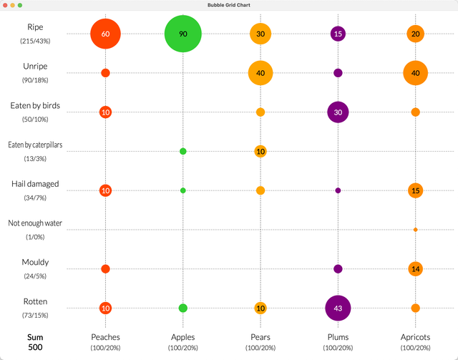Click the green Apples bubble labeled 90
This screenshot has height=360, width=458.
[183, 34]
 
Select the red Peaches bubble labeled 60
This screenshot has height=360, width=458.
[105, 34]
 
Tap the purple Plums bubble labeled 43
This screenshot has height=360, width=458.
[338, 308]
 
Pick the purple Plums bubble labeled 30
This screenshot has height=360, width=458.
[338, 112]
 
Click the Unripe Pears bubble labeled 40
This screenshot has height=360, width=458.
[260, 73]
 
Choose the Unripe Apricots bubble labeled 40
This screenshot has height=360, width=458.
[415, 73]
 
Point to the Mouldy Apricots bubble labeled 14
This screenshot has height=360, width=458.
[415, 268]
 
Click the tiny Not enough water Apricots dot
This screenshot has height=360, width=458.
[415, 230]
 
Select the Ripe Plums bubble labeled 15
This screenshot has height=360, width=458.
[338, 34]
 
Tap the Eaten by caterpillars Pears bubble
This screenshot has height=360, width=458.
[260, 151]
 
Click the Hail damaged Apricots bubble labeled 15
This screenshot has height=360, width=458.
[415, 190]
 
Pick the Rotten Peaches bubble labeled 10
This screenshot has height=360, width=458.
[105, 308]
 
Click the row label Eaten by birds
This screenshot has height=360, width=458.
[35, 105]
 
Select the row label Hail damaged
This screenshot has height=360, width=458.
[35, 184]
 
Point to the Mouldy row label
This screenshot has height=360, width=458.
[35, 262]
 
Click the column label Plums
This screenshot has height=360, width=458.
[338, 336]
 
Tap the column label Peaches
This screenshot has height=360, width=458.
[105, 336]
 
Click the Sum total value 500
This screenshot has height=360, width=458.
[35, 347]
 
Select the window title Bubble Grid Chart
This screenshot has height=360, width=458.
[229, 5]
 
